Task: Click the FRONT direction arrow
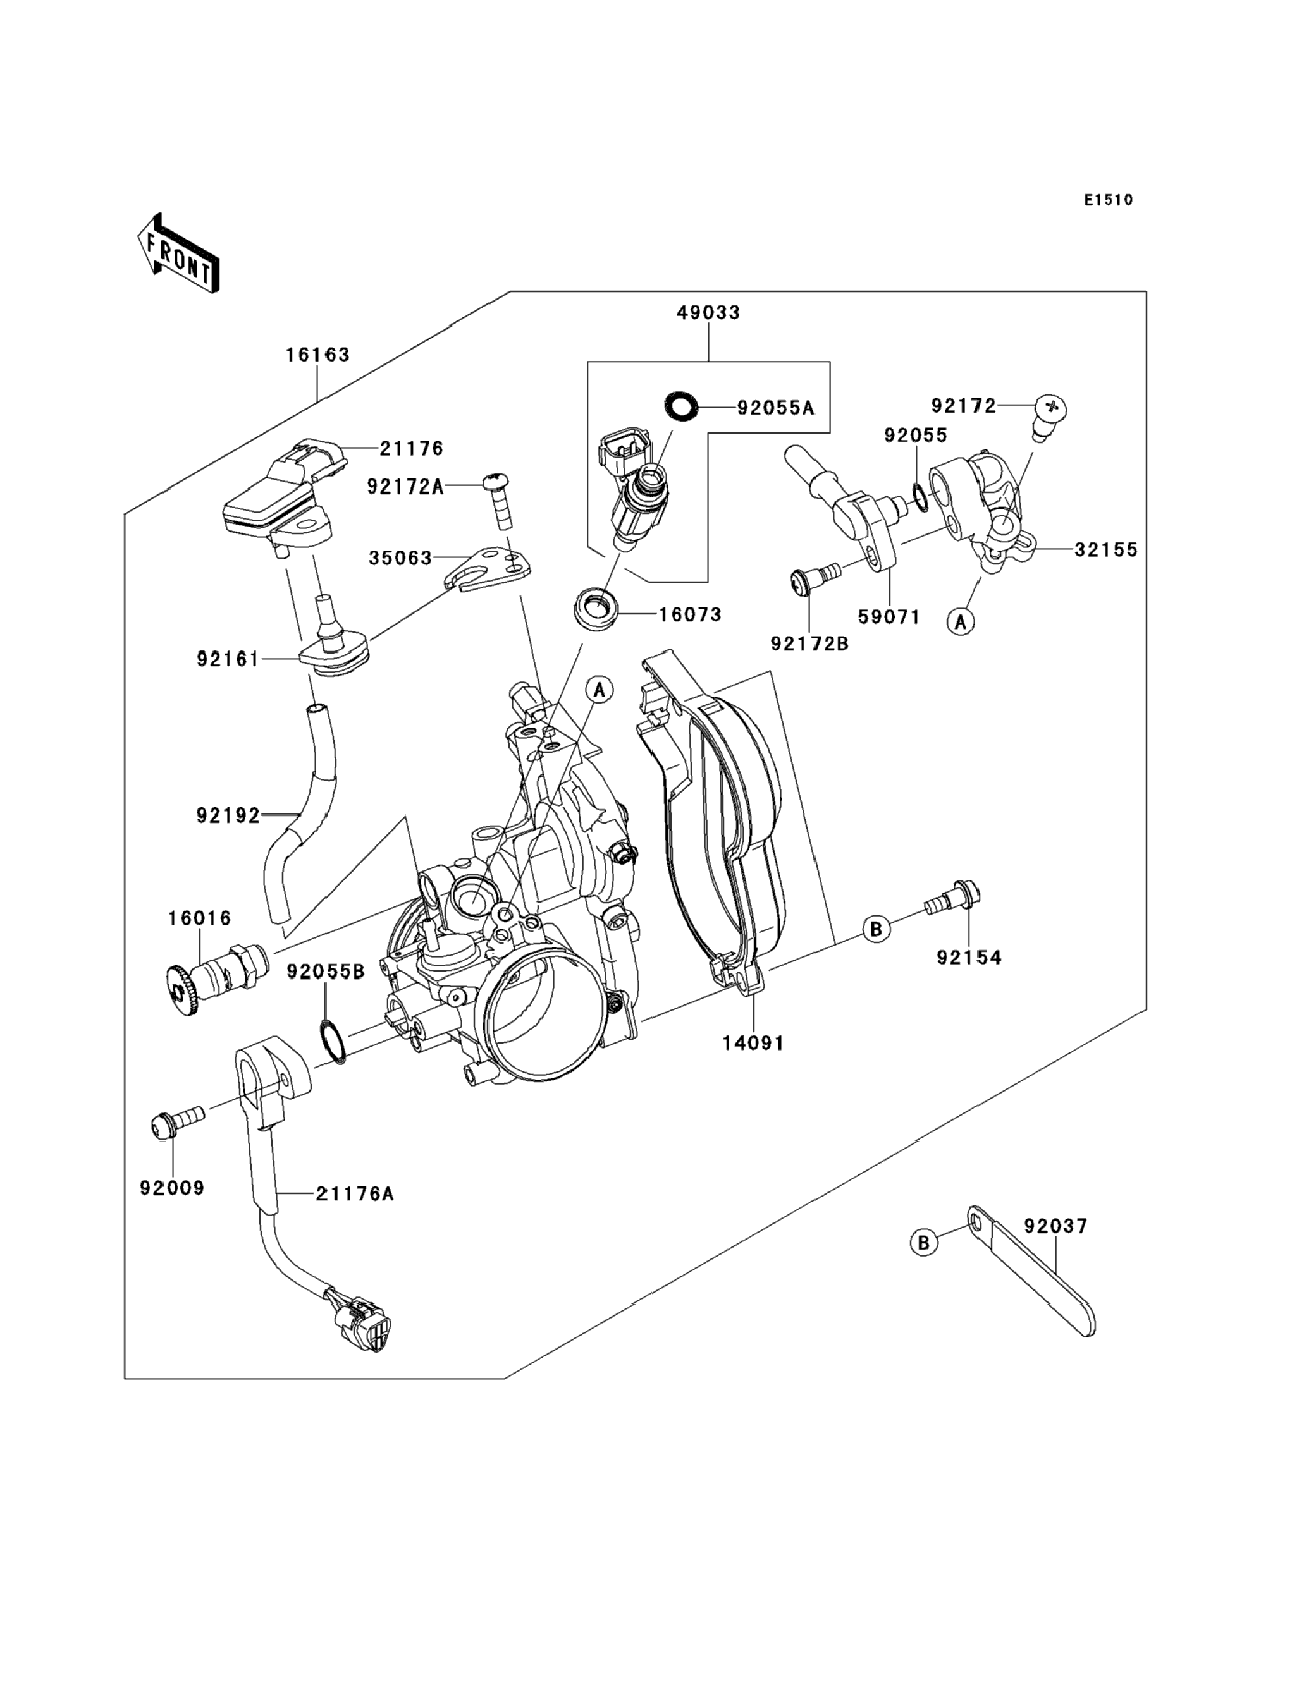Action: tap(178, 253)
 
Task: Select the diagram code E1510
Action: tap(1109, 200)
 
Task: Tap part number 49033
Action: tap(708, 313)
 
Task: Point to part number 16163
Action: tap(317, 355)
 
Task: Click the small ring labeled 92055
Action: tap(918, 497)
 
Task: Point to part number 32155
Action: tap(1105, 550)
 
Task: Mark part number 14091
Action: tap(753, 1044)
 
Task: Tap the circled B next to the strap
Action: tap(924, 1243)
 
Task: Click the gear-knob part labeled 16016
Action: tap(214, 982)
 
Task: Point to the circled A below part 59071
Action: tap(961, 621)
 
